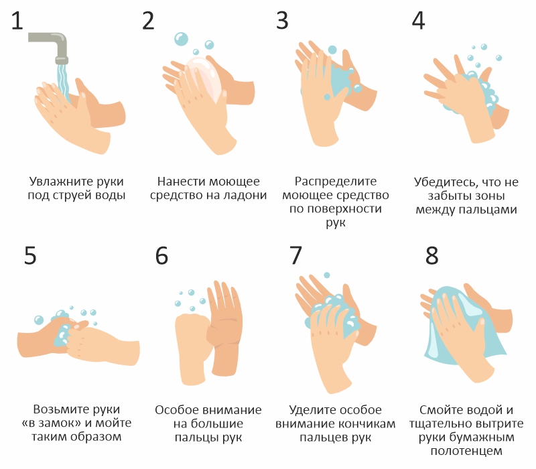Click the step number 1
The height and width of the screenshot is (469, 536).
17,21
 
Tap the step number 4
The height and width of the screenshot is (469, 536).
418,21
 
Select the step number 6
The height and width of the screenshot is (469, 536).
161,255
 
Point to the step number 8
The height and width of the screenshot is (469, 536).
431,255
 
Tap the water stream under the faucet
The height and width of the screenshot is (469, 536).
63,80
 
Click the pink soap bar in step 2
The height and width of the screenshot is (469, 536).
204,78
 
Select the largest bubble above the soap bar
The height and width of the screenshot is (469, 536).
181,39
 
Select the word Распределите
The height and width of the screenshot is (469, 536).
336,181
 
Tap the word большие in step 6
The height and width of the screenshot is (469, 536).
216,424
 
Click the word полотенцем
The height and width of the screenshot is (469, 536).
466,451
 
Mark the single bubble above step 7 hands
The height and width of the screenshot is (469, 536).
327,275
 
